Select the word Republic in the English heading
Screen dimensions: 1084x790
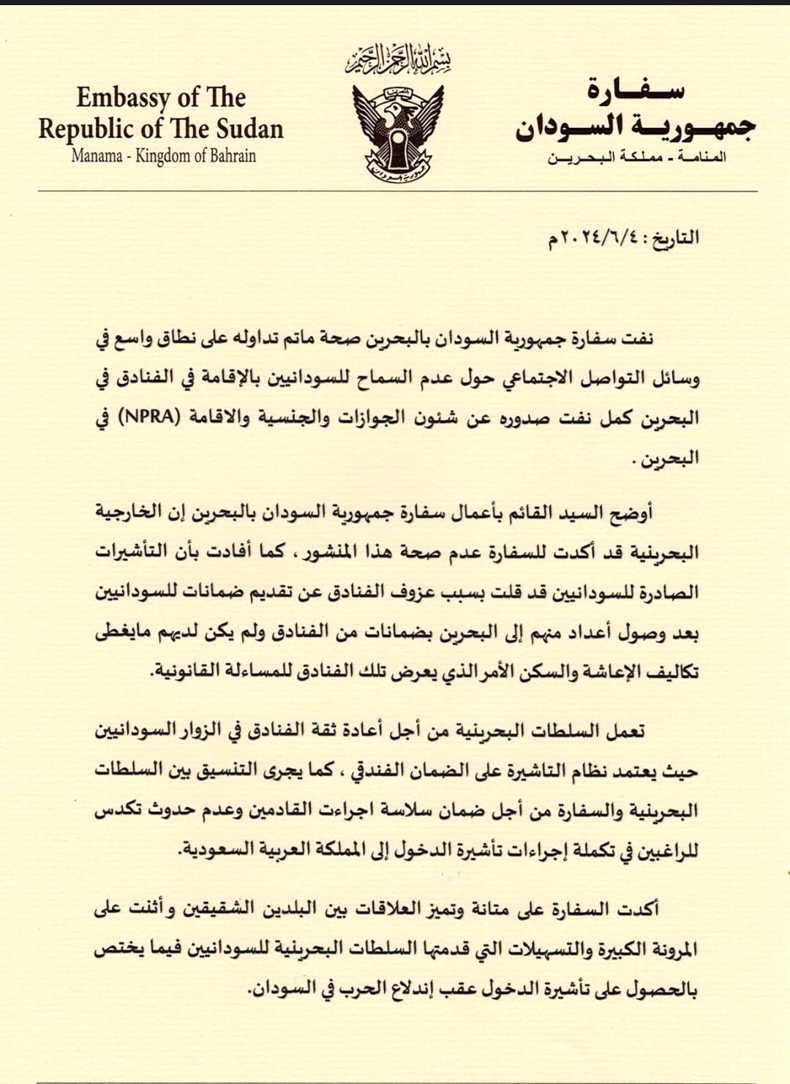87,129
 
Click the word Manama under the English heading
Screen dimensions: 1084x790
97,156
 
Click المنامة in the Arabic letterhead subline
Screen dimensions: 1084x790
701,157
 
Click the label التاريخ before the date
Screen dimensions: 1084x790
675,238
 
